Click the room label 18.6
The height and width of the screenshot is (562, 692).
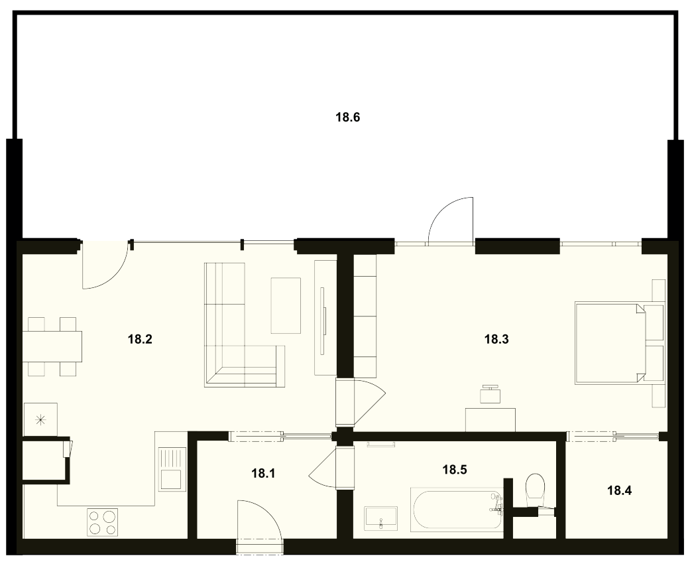pos(348,117)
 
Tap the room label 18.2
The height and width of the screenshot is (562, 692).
pos(140,339)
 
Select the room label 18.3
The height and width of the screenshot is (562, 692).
pos(496,339)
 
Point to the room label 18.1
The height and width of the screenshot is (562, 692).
pos(263,474)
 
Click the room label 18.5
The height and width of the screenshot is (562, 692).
pos(455,470)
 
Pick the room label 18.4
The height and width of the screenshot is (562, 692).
pos(619,490)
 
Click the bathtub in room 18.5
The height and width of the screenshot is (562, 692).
pos(456,510)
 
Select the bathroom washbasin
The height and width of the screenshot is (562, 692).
pos(381,519)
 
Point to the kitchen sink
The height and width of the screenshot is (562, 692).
pos(171,469)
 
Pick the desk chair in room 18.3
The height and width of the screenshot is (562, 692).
pos(490,393)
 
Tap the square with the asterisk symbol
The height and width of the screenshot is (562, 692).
pos(40,419)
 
